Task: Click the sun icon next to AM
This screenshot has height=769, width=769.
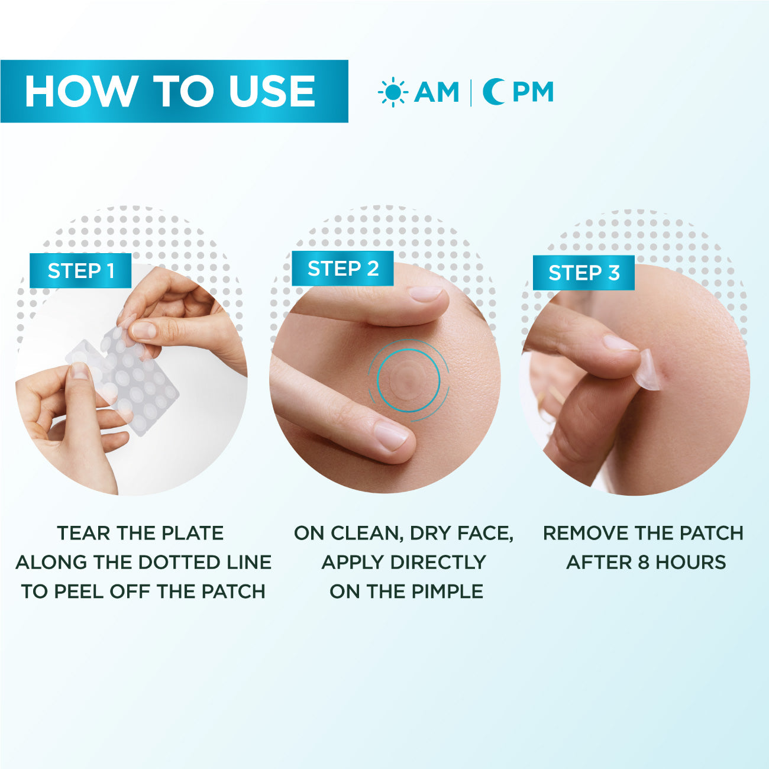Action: [x=392, y=92]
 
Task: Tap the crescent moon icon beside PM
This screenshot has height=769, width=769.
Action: [x=493, y=92]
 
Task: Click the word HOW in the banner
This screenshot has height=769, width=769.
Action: [x=80, y=92]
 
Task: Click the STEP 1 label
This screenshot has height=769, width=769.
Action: [x=80, y=271]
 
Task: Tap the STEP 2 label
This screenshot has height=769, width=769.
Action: [x=343, y=269]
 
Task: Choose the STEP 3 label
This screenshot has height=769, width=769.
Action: [x=583, y=273]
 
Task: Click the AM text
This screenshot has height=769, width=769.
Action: [x=437, y=92]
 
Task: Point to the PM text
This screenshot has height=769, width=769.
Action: [x=532, y=92]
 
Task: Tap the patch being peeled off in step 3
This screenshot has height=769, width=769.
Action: [x=648, y=370]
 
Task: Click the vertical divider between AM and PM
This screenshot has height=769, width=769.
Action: [x=471, y=92]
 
